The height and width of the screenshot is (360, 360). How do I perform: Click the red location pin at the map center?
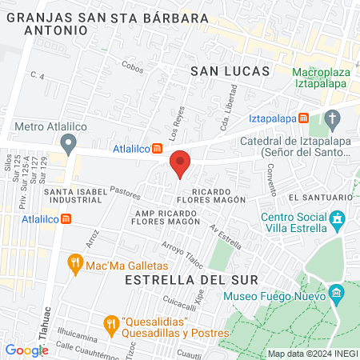[180, 163]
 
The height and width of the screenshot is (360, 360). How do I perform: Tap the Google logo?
[26, 350]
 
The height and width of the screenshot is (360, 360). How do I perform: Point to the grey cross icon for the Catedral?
[334, 120]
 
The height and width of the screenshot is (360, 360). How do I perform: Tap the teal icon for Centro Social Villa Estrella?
[338, 218]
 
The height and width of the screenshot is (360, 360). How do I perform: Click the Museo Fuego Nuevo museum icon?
[337, 294]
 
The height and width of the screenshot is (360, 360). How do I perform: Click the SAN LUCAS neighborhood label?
[230, 71]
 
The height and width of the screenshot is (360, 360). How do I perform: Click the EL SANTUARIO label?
[321, 197]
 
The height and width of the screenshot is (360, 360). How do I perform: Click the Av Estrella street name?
[225, 234]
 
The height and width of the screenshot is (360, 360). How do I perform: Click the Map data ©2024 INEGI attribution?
[311, 354]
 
